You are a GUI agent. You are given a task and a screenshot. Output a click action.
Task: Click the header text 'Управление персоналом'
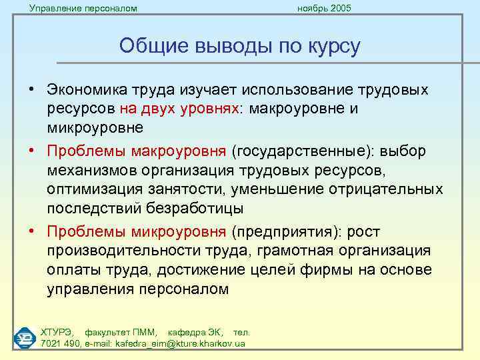[83, 8]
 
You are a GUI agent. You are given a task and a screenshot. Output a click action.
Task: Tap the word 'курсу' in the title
[333, 46]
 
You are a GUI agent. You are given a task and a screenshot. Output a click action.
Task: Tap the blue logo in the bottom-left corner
[25, 337]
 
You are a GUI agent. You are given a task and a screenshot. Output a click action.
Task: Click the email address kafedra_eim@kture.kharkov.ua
[171, 344]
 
